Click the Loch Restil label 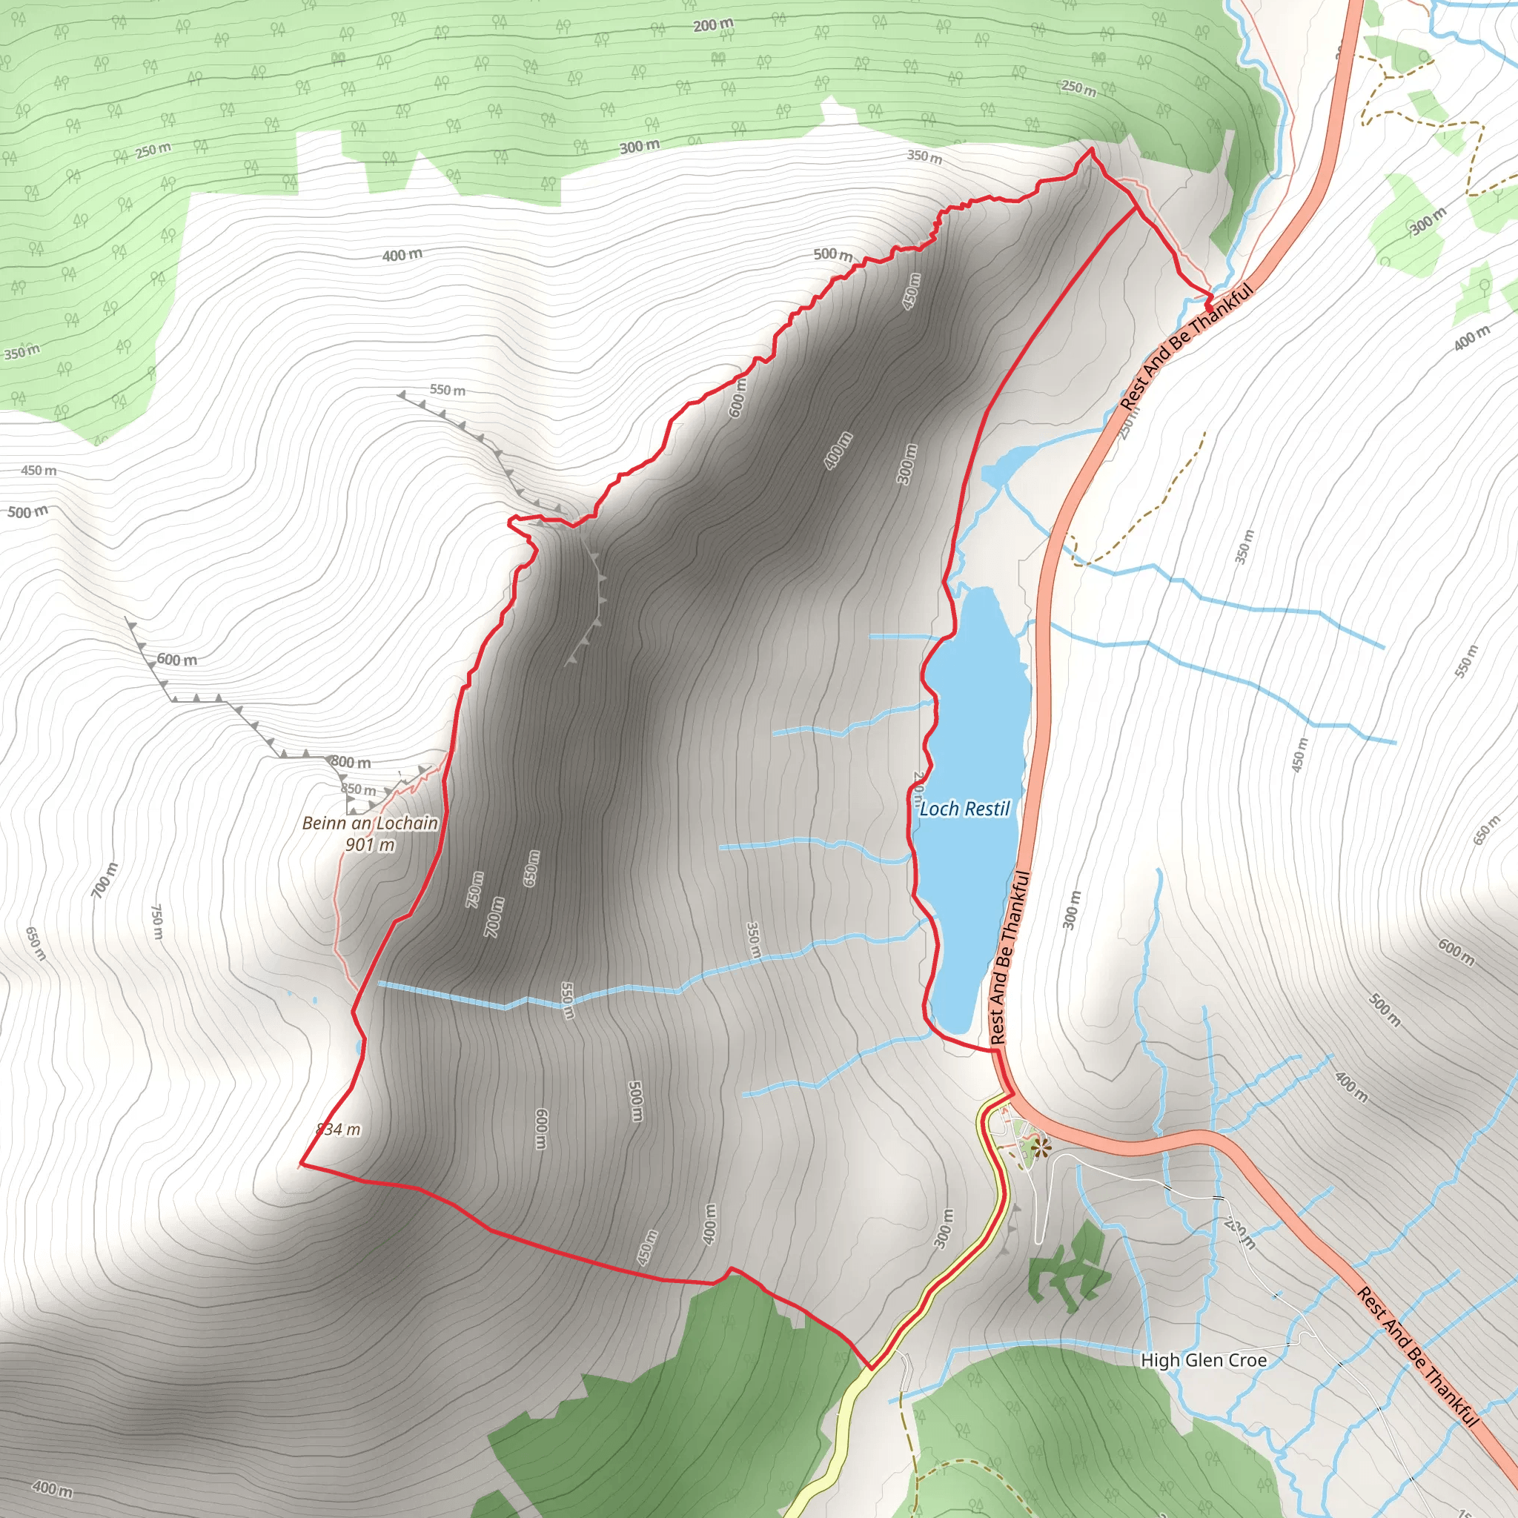click(964, 809)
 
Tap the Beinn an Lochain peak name click(370, 823)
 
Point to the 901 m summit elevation click(370, 846)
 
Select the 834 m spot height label click(339, 1129)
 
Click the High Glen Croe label click(1204, 1360)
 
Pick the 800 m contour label click(351, 761)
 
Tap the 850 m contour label click(358, 789)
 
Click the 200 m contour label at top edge click(714, 25)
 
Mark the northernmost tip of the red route click(1091, 148)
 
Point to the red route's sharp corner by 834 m click(302, 1164)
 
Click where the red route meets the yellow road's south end click(871, 1368)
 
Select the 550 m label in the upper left click(447, 390)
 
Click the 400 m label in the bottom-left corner click(53, 1488)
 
